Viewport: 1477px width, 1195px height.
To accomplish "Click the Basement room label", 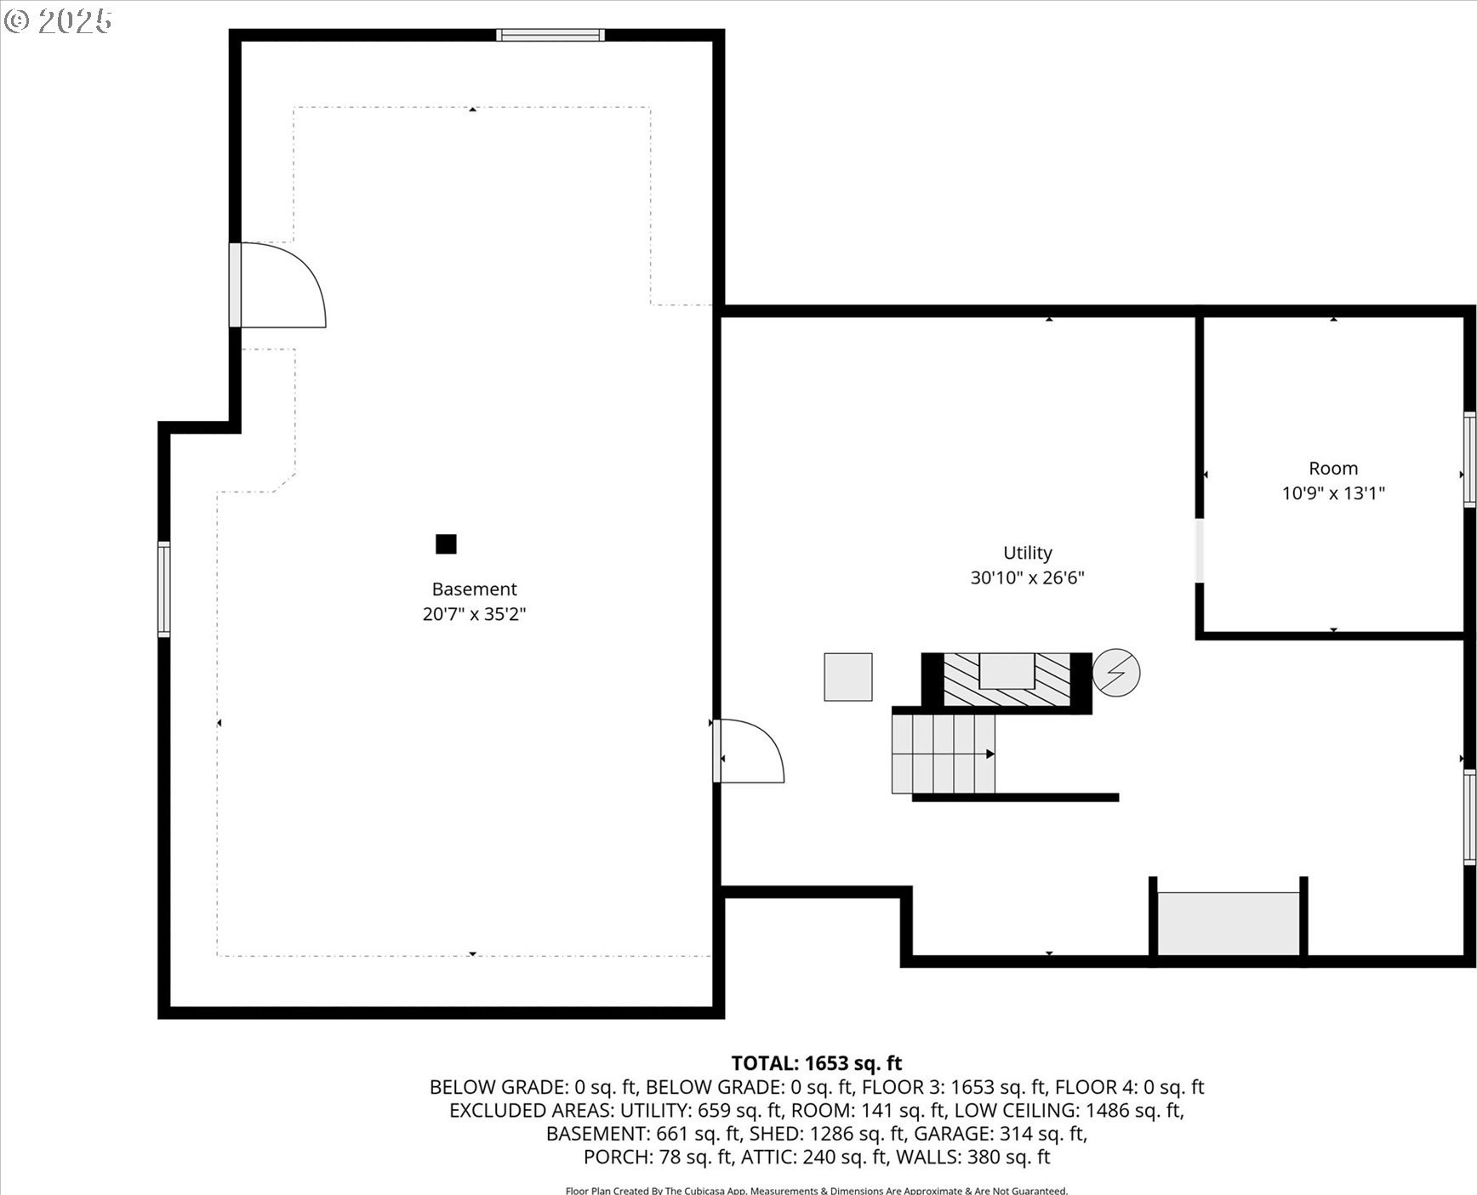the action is pos(474,589).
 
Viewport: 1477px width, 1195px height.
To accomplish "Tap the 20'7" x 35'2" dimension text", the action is pos(474,614).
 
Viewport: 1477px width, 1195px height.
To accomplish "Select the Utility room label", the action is pos(1028,553).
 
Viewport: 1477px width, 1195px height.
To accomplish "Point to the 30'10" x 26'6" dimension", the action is pos(1028,578).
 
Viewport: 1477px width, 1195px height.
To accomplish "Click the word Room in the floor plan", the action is pos(1333,469).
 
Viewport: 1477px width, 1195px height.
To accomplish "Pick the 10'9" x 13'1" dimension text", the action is pos(1333,493).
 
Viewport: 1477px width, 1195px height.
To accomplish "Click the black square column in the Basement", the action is pos(446,543).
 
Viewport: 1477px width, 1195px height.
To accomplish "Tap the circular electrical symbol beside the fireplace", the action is pos(1115,673).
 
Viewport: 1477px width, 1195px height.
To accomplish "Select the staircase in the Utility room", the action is pos(944,754).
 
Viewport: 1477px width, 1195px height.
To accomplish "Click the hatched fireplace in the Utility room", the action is pos(1007,680).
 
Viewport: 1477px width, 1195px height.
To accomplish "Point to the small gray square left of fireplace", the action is pos(847,677).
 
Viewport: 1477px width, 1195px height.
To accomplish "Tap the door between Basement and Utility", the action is pos(749,751).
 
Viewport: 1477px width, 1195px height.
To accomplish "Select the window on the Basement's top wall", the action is pos(550,35).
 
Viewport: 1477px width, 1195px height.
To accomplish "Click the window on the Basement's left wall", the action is pos(164,589).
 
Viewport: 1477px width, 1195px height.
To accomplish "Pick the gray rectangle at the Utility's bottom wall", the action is pos(1229,924).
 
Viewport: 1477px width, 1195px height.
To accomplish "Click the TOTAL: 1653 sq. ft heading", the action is pos(816,1063).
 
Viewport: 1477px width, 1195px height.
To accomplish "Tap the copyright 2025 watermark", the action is pos(58,21).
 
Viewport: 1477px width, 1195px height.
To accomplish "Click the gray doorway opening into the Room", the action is pos(1200,550).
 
